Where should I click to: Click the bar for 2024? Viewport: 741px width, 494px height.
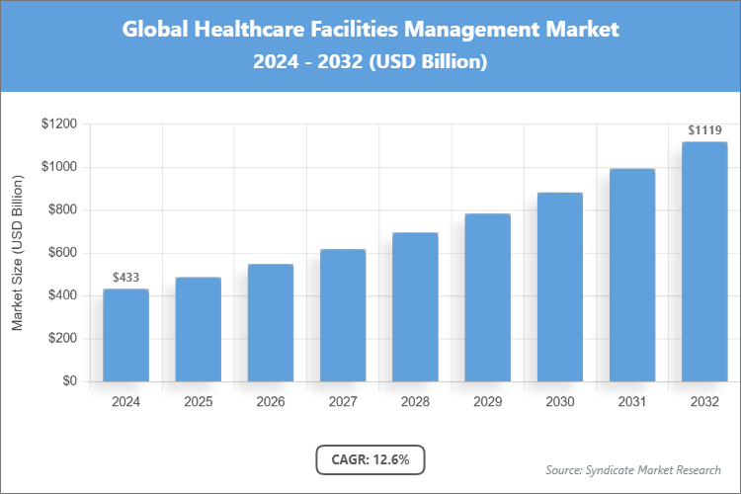pyautogui.click(x=125, y=335)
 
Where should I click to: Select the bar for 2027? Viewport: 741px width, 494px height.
pyautogui.click(x=343, y=315)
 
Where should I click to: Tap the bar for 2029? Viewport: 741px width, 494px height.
pyautogui.click(x=487, y=297)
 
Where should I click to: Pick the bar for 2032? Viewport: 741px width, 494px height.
pyautogui.click(x=704, y=262)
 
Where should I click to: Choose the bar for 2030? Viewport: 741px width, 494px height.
pyautogui.click(x=559, y=287)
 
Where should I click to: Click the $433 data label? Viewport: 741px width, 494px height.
pyautogui.click(x=125, y=278)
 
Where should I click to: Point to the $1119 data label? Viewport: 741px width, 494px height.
pyautogui.click(x=704, y=130)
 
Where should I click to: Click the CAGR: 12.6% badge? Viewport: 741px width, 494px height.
pyautogui.click(x=370, y=459)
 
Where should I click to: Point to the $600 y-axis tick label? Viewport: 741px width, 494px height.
pyautogui.click(x=60, y=253)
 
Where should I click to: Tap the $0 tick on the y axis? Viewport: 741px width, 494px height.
pyautogui.click(x=69, y=381)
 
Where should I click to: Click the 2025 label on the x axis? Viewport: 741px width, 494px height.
pyautogui.click(x=198, y=402)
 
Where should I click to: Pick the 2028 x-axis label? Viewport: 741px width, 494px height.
pyautogui.click(x=415, y=402)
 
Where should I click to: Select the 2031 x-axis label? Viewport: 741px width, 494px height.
pyautogui.click(x=632, y=402)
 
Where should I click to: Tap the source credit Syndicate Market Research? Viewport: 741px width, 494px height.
pyautogui.click(x=633, y=469)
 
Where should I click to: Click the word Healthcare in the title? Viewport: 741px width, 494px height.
pyautogui.click(x=233, y=30)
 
